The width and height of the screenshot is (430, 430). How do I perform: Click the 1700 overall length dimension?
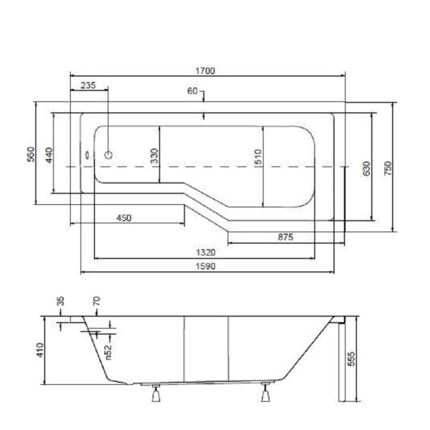point(205,71)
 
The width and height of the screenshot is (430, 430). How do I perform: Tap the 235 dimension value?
point(88,86)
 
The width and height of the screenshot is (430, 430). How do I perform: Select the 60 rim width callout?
point(192,91)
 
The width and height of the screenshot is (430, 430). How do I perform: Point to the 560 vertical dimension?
point(31,154)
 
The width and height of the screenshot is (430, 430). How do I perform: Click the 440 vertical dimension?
point(49,155)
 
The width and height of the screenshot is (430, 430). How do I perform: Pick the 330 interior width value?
point(154,156)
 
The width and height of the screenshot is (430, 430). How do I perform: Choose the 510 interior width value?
point(258,157)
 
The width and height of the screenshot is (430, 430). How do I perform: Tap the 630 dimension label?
point(366,169)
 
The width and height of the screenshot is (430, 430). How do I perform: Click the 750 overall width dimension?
point(388,169)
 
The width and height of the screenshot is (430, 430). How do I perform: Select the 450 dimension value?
point(124,218)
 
